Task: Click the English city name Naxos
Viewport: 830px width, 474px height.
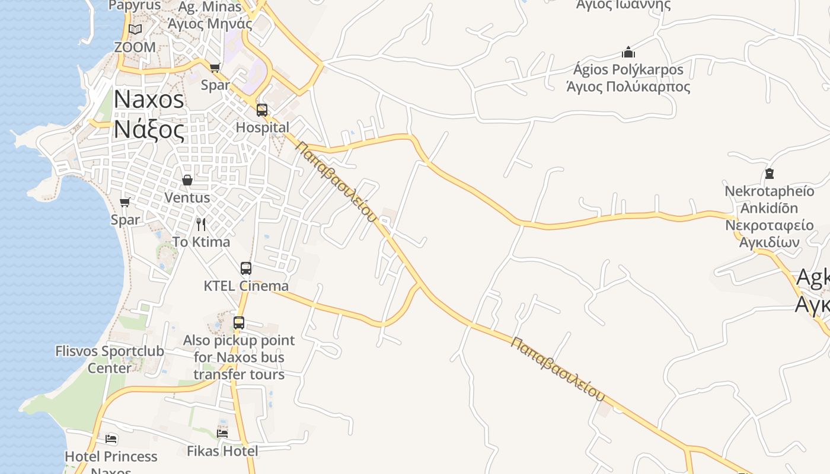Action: (x=149, y=99)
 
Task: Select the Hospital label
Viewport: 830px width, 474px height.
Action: (x=263, y=127)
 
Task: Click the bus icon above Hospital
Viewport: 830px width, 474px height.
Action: (x=261, y=110)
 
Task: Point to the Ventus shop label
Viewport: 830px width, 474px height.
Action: (x=187, y=197)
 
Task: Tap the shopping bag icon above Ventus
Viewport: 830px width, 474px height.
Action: (x=187, y=180)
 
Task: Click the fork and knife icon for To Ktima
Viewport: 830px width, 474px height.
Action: (x=201, y=224)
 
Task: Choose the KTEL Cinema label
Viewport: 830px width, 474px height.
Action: (x=246, y=286)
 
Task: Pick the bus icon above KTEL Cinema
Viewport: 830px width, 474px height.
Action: (x=246, y=268)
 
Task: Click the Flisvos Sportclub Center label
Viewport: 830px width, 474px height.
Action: (x=110, y=359)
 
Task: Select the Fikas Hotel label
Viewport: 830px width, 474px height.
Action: (x=222, y=451)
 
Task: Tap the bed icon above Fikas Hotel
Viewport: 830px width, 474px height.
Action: (x=222, y=434)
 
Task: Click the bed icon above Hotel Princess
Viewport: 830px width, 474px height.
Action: (x=111, y=439)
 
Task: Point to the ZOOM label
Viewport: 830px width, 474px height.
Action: (x=135, y=47)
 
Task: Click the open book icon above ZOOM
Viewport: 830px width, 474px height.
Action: (x=135, y=29)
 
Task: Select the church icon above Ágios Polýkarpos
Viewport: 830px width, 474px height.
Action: (x=628, y=52)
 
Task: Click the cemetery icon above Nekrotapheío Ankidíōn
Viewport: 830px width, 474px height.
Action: (x=770, y=174)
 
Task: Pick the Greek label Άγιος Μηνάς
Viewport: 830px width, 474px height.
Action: (x=210, y=24)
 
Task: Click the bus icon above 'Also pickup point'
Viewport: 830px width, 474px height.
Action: (x=239, y=323)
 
